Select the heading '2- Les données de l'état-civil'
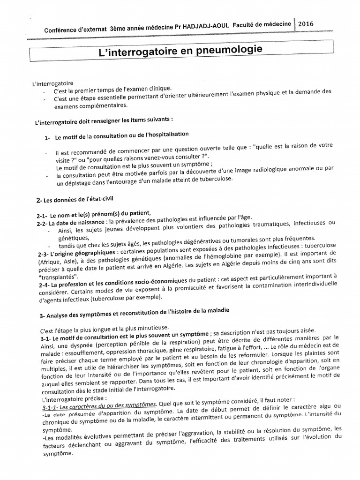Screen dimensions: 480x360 [75, 200]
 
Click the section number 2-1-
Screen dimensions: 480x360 [43, 215]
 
